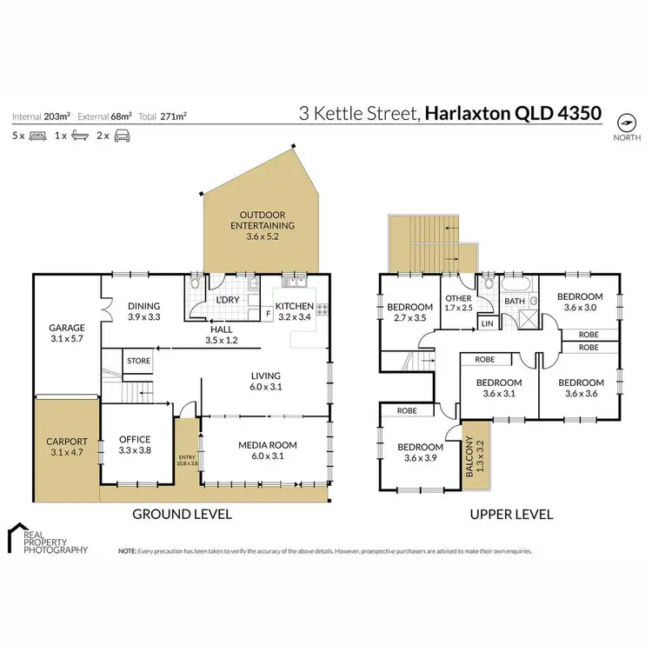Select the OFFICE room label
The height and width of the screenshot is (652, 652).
tap(135, 440)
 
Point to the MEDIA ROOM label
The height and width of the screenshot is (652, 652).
tap(268, 445)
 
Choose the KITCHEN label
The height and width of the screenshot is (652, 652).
tap(294, 307)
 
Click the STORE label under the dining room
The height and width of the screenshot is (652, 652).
tap(137, 359)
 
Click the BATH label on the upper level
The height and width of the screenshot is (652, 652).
tap(516, 302)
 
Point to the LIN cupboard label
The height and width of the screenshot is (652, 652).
tap(487, 324)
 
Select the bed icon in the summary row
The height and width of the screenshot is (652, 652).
tap(37, 136)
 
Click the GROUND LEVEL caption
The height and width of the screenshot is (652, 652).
tap(182, 514)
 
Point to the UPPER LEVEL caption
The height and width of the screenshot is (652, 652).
tap(511, 514)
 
